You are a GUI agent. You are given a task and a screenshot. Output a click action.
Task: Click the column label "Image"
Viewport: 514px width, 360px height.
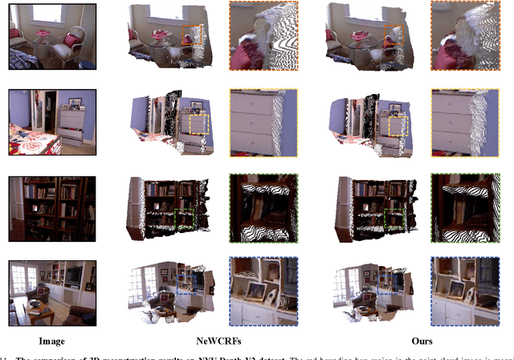click(x=52, y=341)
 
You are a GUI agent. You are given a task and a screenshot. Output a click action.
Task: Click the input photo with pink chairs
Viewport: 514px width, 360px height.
click(x=52, y=40)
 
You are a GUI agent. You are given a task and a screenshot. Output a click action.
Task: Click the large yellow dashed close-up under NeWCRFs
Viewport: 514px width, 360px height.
click(x=263, y=122)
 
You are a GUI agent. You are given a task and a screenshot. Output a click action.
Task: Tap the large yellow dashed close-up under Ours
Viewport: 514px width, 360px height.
click(x=464, y=122)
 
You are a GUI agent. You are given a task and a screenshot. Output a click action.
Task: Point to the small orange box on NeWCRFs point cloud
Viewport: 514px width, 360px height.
click(x=191, y=35)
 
